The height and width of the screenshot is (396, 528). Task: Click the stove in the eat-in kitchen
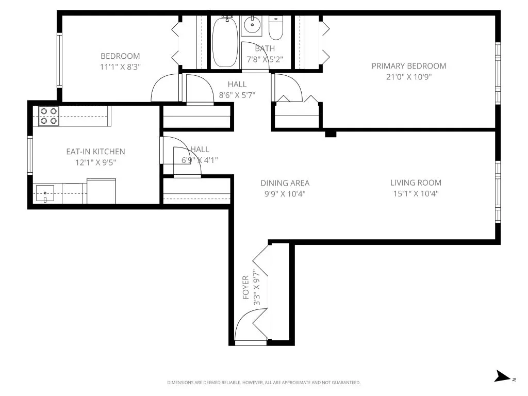click(x=49, y=116)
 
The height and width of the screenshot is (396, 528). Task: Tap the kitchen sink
click(x=45, y=194)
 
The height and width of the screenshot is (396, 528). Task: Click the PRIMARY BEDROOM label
click(x=409, y=66)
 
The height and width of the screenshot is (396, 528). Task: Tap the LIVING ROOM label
click(x=416, y=183)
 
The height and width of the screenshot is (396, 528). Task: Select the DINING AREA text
click(x=285, y=183)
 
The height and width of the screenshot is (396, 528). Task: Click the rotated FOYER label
click(x=245, y=287)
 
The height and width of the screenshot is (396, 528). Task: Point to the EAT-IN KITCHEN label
click(x=95, y=152)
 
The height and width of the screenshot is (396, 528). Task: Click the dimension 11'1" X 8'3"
click(x=120, y=67)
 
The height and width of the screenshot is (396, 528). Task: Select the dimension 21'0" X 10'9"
click(x=409, y=77)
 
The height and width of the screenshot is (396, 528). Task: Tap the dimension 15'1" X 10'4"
click(x=416, y=194)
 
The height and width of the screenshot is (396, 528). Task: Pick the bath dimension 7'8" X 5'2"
click(x=265, y=59)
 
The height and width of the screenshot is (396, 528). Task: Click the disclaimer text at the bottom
click(x=263, y=383)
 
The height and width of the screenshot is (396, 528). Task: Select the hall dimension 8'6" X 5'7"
click(x=237, y=95)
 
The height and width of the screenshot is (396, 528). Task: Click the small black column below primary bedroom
click(x=331, y=134)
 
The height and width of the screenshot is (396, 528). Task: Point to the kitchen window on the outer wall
click(x=30, y=155)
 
